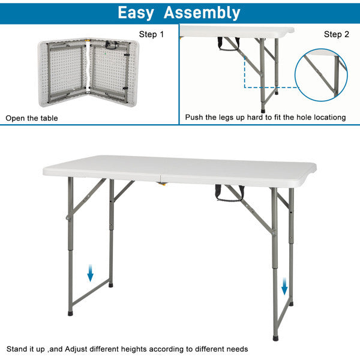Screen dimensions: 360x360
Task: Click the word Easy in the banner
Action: [x=136, y=13]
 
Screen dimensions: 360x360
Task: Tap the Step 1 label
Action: [x=151, y=34]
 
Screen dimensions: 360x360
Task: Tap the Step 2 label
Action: [x=336, y=34]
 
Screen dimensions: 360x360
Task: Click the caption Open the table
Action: [x=32, y=118]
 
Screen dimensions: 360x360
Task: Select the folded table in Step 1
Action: [x=89, y=72]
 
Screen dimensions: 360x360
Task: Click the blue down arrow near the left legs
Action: [x=90, y=274]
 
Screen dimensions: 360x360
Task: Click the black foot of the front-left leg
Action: [x=71, y=312]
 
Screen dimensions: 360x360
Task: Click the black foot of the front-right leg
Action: [x=275, y=337]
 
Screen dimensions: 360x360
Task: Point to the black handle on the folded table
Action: [x=110, y=44]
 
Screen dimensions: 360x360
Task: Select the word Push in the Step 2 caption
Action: [x=194, y=118]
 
